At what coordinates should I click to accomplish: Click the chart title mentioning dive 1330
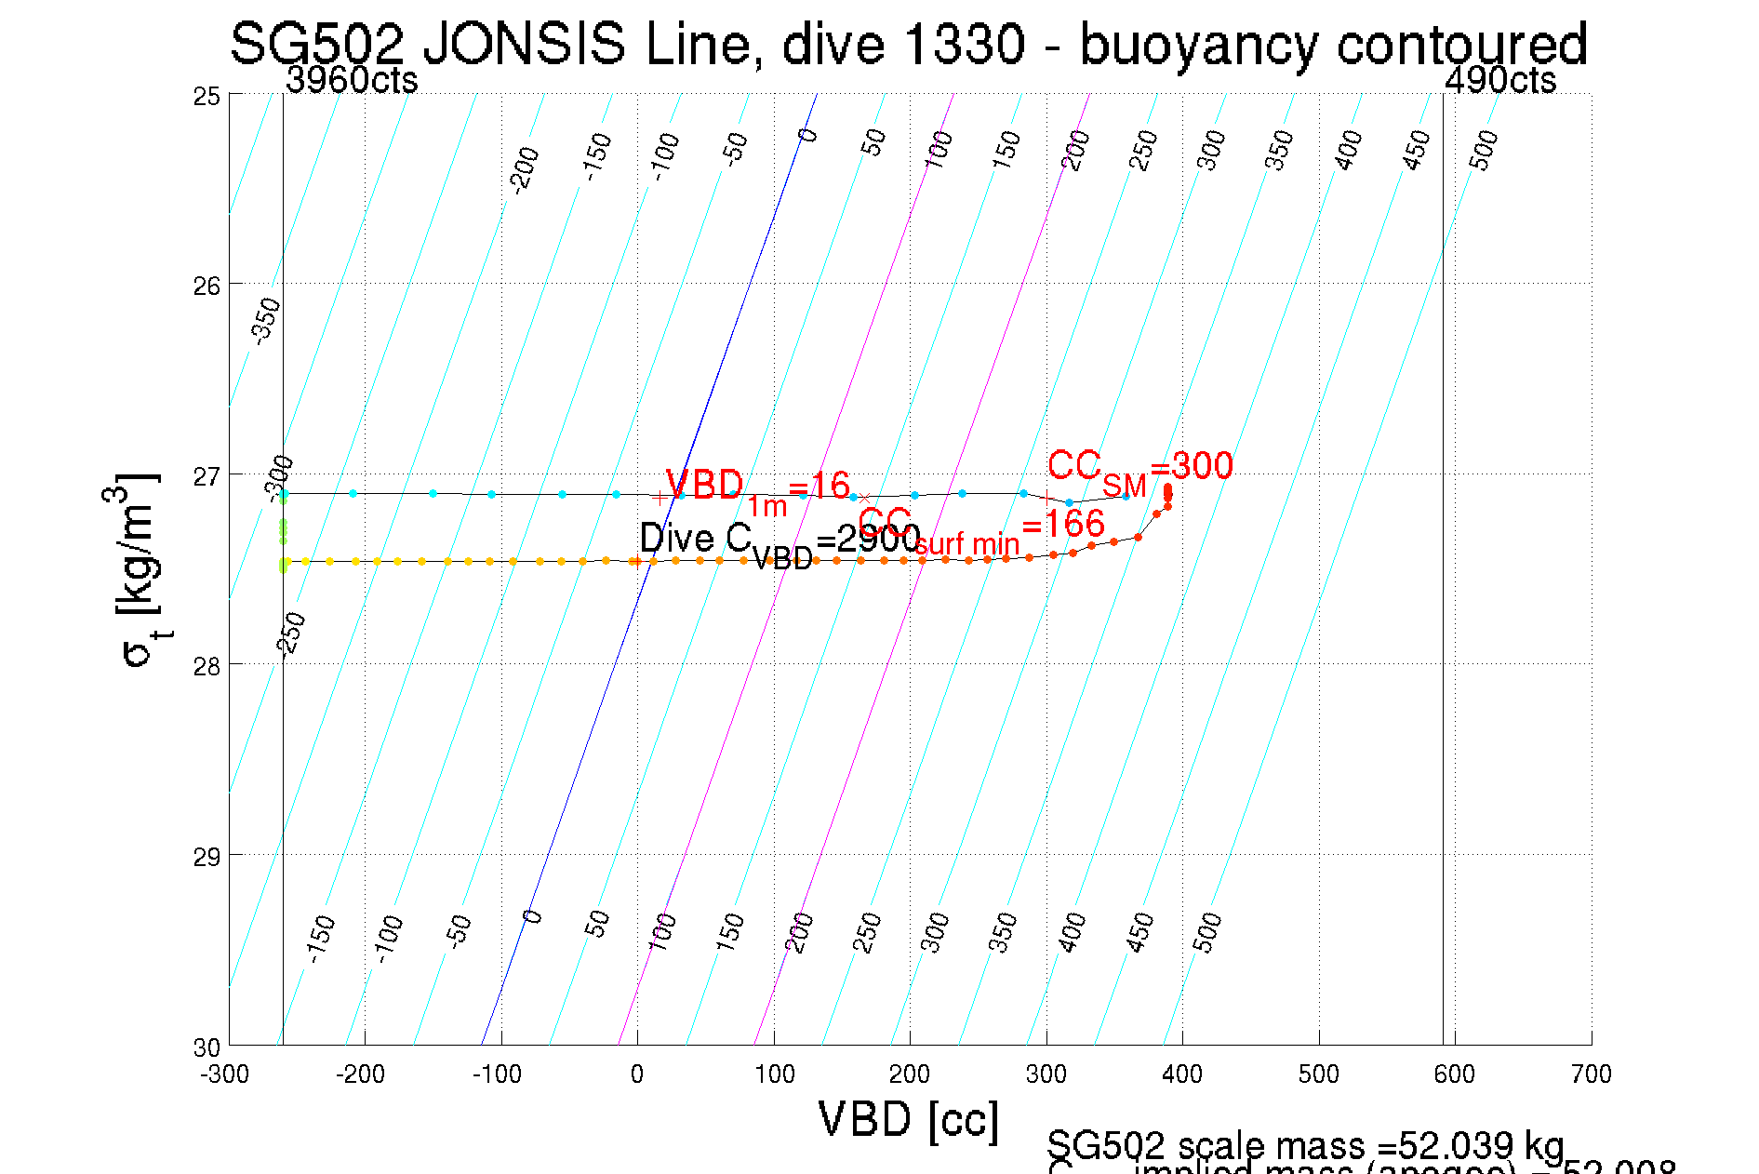pyautogui.click(x=908, y=44)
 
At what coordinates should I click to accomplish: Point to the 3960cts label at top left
pyautogui.click(x=352, y=80)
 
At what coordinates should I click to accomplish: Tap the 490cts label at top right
pyautogui.click(x=1499, y=80)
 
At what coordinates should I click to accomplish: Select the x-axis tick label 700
pyautogui.click(x=1591, y=1074)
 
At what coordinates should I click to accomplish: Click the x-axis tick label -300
pyautogui.click(x=224, y=1074)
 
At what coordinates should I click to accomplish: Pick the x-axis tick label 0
pyautogui.click(x=636, y=1074)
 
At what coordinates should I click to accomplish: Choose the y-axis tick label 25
pyautogui.click(x=207, y=96)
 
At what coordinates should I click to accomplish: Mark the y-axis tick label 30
pyautogui.click(x=207, y=1047)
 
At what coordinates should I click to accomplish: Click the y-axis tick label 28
pyautogui.click(x=207, y=667)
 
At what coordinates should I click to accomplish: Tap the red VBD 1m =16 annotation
pyautogui.click(x=757, y=488)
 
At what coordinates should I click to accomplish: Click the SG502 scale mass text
pyautogui.click(x=1304, y=1145)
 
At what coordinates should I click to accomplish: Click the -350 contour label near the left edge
pyautogui.click(x=266, y=321)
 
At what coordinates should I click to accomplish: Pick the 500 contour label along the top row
pyautogui.click(x=1485, y=150)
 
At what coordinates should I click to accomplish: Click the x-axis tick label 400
pyautogui.click(x=1181, y=1074)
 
